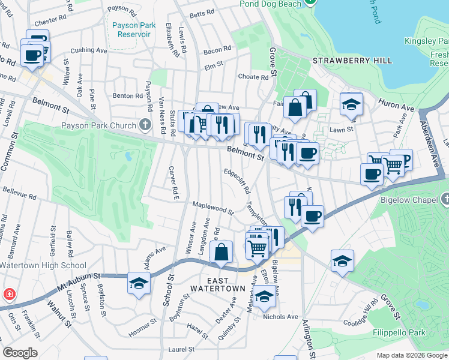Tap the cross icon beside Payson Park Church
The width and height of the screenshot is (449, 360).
(x=144, y=125)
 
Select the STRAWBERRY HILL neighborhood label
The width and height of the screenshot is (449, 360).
(x=352, y=61)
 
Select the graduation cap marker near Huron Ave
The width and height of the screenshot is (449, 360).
(x=351, y=105)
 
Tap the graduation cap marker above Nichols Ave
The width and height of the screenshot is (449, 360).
(x=264, y=296)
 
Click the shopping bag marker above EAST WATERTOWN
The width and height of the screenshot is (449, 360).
(x=221, y=253)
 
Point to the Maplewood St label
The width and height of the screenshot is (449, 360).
(x=212, y=208)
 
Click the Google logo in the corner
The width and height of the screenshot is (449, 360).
(x=20, y=353)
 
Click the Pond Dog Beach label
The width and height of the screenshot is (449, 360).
(x=270, y=4)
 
